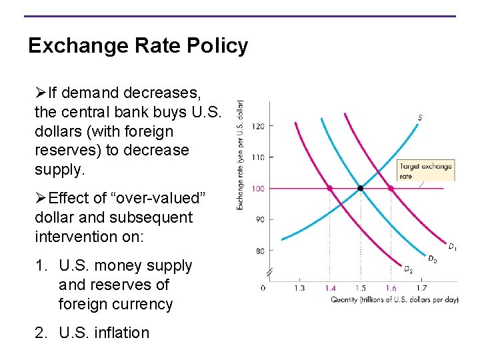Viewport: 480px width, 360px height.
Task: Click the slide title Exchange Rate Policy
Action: tap(138, 46)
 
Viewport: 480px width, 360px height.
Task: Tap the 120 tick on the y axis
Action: tap(259, 126)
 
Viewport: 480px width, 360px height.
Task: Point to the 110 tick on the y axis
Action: tap(259, 157)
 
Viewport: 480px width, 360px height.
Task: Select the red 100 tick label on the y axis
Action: tap(259, 189)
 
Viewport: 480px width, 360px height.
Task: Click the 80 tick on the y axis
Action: tap(259, 251)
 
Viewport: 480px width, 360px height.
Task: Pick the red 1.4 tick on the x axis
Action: tap(330, 288)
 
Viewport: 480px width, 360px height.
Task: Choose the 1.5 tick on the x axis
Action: tap(361, 288)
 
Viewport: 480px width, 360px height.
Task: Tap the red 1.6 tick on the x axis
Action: tap(391, 288)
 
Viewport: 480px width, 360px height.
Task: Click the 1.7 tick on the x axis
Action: tap(421, 288)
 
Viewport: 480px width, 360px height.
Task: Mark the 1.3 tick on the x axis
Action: tap(299, 288)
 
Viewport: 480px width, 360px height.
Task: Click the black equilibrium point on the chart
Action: tap(361, 189)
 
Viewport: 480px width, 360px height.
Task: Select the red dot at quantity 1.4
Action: tap(330, 189)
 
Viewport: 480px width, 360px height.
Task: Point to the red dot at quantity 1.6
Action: tap(391, 189)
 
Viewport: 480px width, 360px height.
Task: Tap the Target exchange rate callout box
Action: tap(425, 171)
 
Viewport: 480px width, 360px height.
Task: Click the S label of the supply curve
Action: tap(420, 118)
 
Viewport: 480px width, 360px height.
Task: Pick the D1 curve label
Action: tap(452, 247)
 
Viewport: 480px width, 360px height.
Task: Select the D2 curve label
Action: tap(407, 269)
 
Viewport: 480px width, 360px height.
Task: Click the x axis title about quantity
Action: tap(395, 300)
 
